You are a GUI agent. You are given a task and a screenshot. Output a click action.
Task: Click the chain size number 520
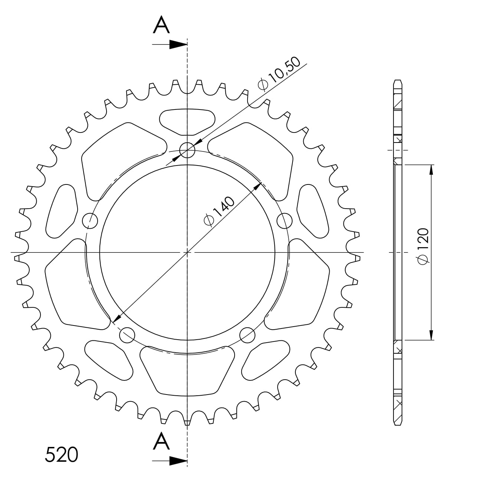point(61,455)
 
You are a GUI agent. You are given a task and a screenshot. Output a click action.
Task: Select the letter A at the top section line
point(161,26)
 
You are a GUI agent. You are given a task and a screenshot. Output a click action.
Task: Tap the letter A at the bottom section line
point(161,442)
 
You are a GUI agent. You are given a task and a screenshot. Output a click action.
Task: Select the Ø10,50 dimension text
point(278,74)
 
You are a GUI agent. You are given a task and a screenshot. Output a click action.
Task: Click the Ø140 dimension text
point(219,211)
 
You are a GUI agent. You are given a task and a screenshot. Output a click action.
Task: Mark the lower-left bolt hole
point(127,335)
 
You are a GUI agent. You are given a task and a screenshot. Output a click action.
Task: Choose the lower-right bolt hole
point(247,335)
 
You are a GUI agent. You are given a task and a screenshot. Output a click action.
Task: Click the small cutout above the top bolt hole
point(187,121)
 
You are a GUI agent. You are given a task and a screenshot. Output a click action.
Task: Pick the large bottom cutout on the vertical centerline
point(187,369)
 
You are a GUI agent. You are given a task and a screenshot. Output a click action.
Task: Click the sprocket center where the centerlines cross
point(187,252)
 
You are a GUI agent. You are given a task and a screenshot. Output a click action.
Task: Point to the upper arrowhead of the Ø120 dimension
point(431,169)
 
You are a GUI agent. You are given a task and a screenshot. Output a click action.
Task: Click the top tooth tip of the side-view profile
point(398,81)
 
